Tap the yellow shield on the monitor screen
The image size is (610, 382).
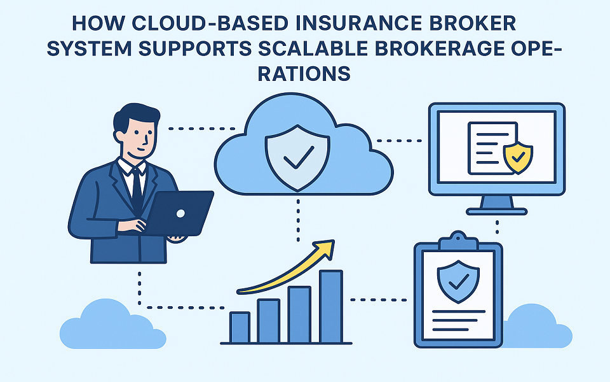[x=518, y=158]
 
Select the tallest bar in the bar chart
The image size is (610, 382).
[x=330, y=306]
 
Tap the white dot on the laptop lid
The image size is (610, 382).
[x=179, y=213]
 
